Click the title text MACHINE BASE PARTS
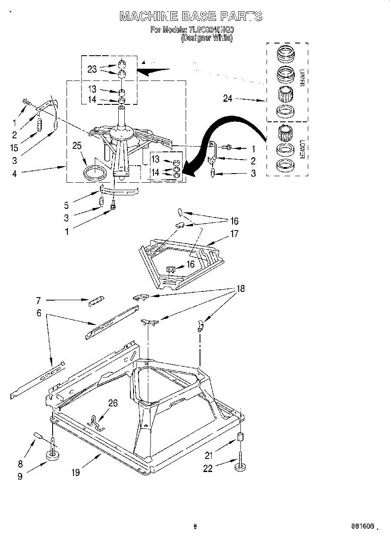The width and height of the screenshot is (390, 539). click(x=191, y=17)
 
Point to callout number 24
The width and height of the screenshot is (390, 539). click(x=228, y=99)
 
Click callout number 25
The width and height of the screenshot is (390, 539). click(x=77, y=146)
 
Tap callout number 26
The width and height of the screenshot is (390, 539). click(x=113, y=403)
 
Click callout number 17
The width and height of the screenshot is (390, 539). click(x=234, y=234)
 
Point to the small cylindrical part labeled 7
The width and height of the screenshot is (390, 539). click(x=97, y=301)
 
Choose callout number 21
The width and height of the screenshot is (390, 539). click(x=209, y=455)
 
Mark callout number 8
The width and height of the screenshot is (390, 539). click(x=20, y=452)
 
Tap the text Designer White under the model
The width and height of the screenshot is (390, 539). click(x=207, y=38)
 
